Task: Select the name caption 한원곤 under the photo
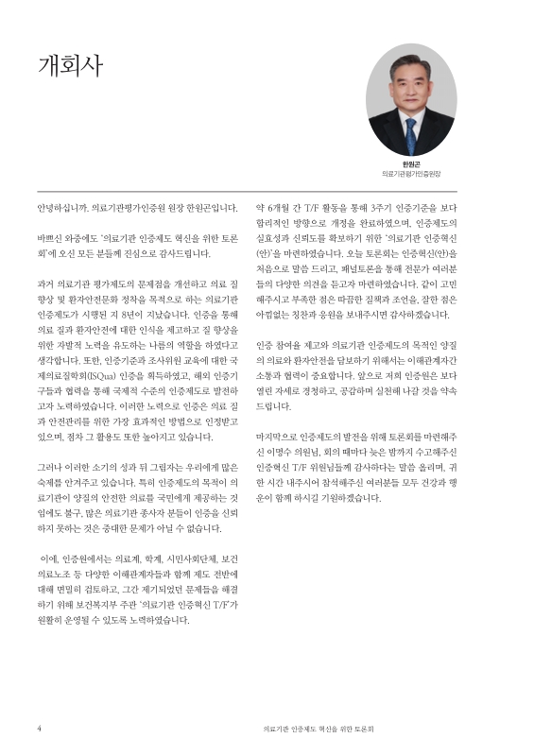click(411, 164)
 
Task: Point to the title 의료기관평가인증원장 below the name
click(411, 175)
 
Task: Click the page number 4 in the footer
click(39, 729)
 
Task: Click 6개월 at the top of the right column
click(281, 207)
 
